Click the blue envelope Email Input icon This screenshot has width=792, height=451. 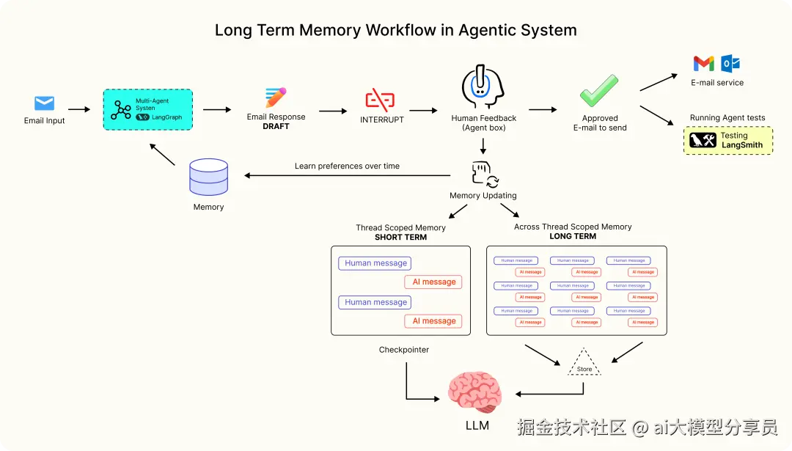[x=44, y=103]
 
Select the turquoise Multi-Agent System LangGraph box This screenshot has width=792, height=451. [x=147, y=109]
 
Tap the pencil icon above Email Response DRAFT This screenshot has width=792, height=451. [x=276, y=98]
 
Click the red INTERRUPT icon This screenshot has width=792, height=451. [x=380, y=99]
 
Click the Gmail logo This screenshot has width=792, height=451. [x=703, y=64]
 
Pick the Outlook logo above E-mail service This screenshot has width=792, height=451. [x=730, y=64]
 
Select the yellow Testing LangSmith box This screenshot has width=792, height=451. [x=727, y=140]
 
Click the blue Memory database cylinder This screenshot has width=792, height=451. [x=208, y=177]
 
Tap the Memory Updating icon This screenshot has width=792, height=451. [x=484, y=174]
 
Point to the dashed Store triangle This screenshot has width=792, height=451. [x=584, y=364]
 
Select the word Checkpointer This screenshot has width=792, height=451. [x=403, y=350]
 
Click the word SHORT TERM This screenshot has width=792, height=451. [x=400, y=238]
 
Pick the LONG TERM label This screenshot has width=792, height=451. [x=573, y=236]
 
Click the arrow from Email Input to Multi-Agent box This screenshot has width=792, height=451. [x=78, y=110]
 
